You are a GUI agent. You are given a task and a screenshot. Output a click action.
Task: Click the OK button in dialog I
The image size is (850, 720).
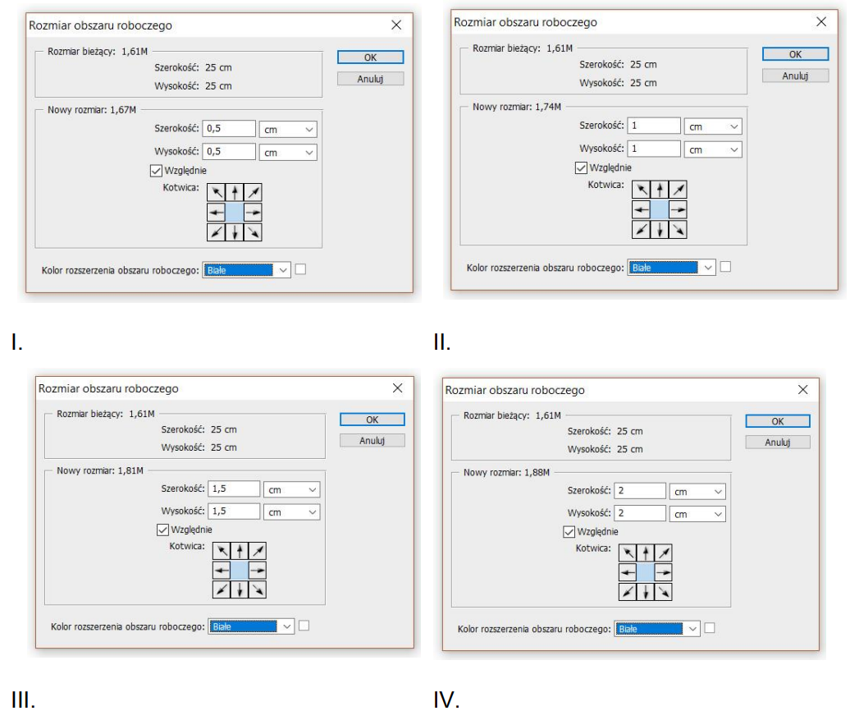[x=370, y=57]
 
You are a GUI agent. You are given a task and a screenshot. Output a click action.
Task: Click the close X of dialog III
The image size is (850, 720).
[x=397, y=388]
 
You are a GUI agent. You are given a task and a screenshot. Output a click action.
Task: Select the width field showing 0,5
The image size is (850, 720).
[x=229, y=129]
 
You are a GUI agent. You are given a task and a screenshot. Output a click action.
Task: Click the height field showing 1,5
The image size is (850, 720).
[x=234, y=511]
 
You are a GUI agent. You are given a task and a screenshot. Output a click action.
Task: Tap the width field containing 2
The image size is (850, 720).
[x=640, y=490]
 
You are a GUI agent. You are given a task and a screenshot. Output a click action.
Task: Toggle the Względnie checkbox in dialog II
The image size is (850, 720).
[x=581, y=167]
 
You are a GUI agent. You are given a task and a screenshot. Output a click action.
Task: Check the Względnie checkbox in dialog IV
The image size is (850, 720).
[x=569, y=532]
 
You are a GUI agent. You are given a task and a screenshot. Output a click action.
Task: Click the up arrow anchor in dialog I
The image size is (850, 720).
[x=235, y=192]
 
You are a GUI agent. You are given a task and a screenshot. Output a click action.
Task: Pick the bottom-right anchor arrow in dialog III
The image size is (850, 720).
[x=258, y=589]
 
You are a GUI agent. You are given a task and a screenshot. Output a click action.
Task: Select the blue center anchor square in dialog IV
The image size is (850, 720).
[x=645, y=572]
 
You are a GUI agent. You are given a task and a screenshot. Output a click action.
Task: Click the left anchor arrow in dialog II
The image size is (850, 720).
[x=642, y=209]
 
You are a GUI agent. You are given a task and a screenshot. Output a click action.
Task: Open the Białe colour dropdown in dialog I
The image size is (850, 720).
[x=247, y=270]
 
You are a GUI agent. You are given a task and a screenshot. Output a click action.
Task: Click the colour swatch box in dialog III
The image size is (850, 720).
[x=304, y=626]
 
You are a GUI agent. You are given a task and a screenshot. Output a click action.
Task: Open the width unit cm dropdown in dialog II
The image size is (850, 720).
[x=713, y=126]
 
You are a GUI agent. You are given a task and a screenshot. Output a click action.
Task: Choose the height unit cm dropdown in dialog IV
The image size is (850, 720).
[x=697, y=514]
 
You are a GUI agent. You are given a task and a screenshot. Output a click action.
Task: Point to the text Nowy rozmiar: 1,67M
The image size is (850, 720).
[x=92, y=109]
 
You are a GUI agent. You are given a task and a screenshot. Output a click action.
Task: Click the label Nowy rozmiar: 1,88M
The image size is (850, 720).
[x=506, y=473]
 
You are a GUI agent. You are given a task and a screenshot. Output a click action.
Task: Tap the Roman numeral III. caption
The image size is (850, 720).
[x=23, y=699]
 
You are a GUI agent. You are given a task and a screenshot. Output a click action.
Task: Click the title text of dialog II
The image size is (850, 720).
[x=525, y=22]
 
